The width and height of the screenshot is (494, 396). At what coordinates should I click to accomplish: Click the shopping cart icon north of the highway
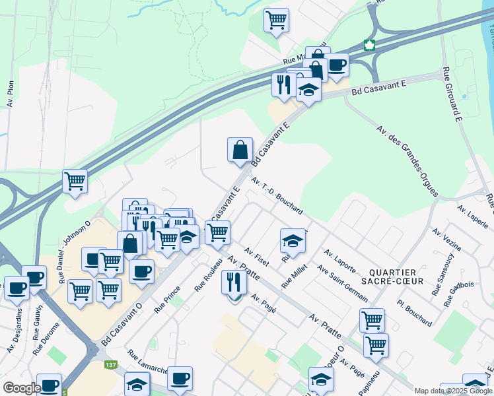[x=276, y=19]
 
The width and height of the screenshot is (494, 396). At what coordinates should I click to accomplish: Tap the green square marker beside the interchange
[x=370, y=45]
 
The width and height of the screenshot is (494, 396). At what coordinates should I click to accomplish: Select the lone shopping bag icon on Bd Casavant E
[x=240, y=150]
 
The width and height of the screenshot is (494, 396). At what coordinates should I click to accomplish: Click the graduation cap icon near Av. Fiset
[x=293, y=241]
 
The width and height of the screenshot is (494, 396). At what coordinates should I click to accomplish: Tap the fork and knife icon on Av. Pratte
[x=234, y=282]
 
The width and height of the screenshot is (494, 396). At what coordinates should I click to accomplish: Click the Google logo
[x=22, y=388]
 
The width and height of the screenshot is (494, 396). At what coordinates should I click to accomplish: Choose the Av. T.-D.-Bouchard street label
[x=277, y=195]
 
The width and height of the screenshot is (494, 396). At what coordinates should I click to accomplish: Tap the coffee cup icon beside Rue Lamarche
[x=180, y=378]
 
